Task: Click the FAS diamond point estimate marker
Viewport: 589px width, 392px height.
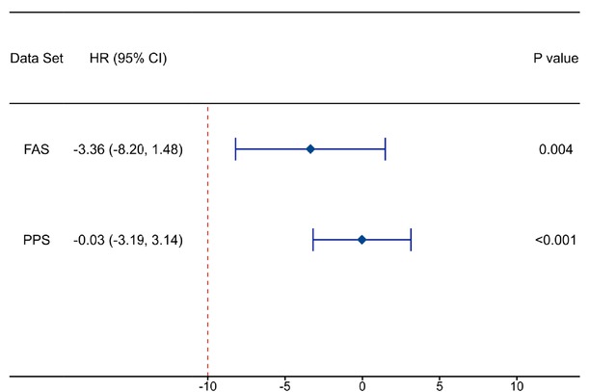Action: [x=310, y=149]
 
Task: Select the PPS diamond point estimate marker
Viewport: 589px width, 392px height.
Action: [x=361, y=239]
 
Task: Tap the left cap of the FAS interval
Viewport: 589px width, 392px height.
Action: [x=235, y=149]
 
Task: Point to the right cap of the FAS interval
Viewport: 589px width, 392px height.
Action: [x=385, y=149]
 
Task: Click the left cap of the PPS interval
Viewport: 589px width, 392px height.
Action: [x=313, y=239]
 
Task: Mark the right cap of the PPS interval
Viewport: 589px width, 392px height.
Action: [x=411, y=239]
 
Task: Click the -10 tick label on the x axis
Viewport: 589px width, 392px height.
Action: [x=207, y=383]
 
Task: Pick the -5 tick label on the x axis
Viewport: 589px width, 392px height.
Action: [x=284, y=383]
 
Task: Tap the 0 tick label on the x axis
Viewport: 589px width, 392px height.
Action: [x=361, y=383]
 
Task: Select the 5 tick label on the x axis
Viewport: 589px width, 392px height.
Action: [x=439, y=383]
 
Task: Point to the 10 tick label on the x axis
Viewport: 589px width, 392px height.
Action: [x=517, y=383]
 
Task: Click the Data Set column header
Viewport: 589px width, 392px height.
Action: [x=37, y=59]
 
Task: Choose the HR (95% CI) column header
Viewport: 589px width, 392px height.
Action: [x=128, y=59]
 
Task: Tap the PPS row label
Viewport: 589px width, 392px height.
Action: [x=36, y=239]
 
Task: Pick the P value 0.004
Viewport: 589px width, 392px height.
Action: [x=556, y=149]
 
